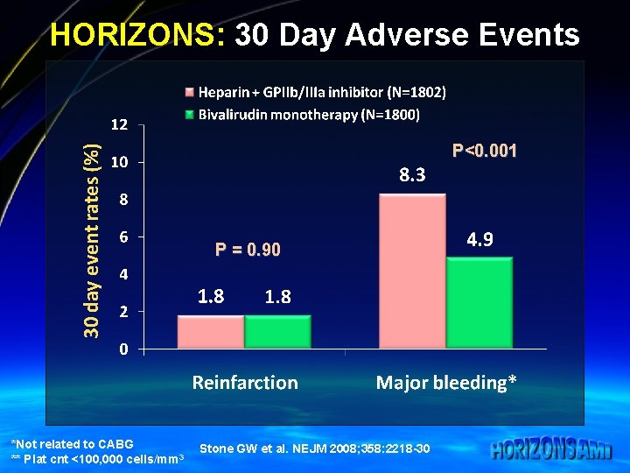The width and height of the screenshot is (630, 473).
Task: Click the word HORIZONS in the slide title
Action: [x=138, y=35]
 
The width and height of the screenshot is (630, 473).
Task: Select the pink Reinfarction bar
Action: [x=211, y=332]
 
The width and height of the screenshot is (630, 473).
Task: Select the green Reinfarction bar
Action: [x=277, y=332]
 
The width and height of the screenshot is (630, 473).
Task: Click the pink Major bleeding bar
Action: [x=412, y=272]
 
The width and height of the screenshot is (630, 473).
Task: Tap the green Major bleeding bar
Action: [x=479, y=303]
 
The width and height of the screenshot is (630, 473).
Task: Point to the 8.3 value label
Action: [x=412, y=175]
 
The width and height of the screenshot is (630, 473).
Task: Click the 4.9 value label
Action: [x=479, y=238]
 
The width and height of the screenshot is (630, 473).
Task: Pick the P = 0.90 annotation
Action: [x=248, y=251]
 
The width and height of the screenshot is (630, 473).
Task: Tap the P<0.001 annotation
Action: [x=484, y=151]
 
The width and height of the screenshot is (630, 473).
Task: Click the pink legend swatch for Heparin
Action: [x=188, y=92]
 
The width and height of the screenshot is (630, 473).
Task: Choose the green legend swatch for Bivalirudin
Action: [x=188, y=115]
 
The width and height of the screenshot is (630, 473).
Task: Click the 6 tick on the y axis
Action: [x=123, y=236]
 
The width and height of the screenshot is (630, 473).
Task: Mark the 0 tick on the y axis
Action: [x=123, y=349]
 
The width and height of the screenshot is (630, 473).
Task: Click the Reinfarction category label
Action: [x=245, y=383]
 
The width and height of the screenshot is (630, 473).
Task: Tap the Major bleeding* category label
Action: [x=446, y=383]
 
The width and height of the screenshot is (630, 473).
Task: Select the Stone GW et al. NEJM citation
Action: [x=314, y=448]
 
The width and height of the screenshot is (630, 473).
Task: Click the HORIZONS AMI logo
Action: [x=551, y=450]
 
